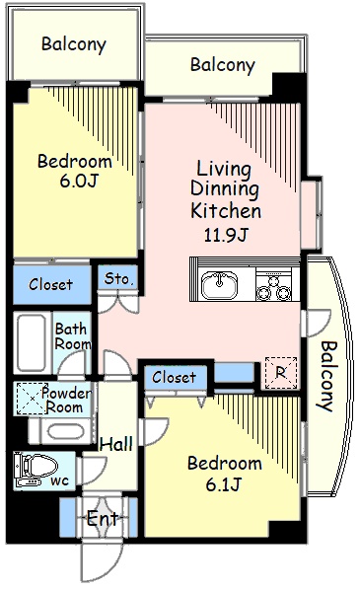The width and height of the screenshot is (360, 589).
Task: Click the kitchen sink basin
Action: tap(219, 285)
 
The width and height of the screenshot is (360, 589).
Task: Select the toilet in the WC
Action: tap(36, 469)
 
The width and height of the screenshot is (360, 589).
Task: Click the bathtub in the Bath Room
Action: tap(32, 341)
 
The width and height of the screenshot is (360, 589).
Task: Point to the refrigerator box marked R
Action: tap(281, 373)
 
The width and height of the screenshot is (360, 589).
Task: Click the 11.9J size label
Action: tap(226, 235)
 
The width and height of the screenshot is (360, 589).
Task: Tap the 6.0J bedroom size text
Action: tap(79, 181)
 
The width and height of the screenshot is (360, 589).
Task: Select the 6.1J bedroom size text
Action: tap(223, 483)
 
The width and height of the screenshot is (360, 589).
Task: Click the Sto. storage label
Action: tap(118, 279)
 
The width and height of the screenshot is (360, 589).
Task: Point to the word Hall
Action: tap(116, 444)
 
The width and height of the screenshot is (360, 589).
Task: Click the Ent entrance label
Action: tap(103, 519)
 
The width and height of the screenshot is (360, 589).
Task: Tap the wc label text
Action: tap(60, 480)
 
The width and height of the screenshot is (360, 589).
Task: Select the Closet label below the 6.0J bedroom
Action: tap(50, 284)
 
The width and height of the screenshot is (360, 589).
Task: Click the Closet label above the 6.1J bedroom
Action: tap(174, 377)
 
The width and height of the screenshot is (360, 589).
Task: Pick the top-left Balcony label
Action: tap(74, 44)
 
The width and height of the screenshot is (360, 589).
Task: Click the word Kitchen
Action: tap(226, 210)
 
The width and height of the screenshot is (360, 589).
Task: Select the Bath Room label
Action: tap(72, 336)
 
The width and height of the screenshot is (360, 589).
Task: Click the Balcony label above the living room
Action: tap(223, 65)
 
